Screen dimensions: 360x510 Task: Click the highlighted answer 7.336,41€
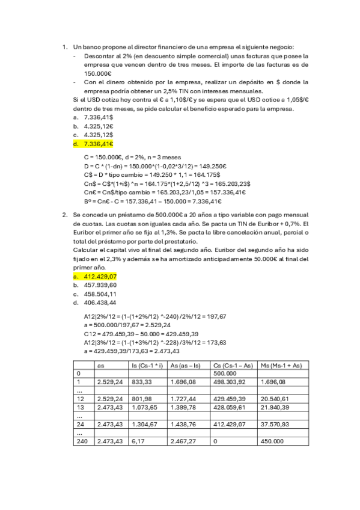99,144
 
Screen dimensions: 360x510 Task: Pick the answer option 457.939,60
100,284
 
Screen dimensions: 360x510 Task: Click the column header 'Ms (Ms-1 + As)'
281,364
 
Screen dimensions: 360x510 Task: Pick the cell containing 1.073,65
142,407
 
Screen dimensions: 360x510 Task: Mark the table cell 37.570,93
275,424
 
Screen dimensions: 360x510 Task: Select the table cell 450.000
271,441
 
